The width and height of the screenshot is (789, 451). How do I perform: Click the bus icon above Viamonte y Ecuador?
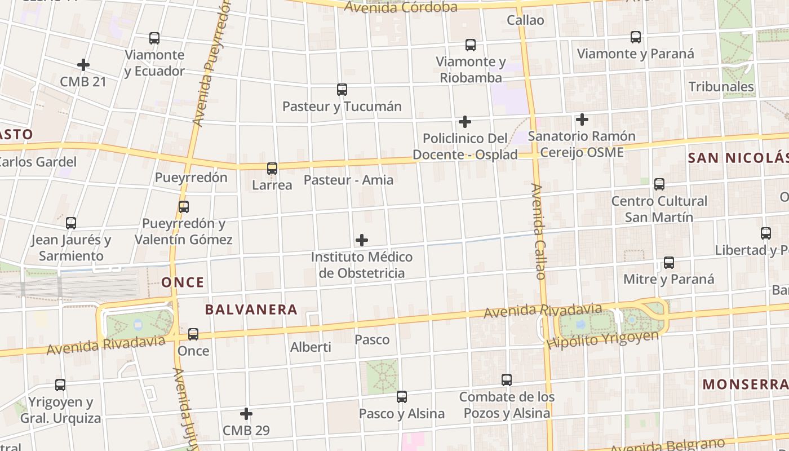pos(154,38)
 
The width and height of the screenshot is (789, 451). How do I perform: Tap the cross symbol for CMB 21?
pos(83,65)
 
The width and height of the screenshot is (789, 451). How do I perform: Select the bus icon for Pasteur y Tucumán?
pos(342,90)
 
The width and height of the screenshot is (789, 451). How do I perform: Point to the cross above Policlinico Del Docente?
pos(465,122)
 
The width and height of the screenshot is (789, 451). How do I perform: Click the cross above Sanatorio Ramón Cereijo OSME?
pos(582,120)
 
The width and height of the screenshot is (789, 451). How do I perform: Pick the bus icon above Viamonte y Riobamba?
pos(471,45)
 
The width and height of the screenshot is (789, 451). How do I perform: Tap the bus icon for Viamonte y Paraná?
pos(636,37)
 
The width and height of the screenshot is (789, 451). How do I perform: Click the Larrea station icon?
pos(272,169)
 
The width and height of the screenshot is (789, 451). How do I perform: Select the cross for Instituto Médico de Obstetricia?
pos(362,241)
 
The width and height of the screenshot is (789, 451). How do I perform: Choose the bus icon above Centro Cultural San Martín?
pos(659,184)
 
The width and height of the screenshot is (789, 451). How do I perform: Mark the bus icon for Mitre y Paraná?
pos(669,263)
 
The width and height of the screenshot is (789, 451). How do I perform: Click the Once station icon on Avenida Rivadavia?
pos(193,334)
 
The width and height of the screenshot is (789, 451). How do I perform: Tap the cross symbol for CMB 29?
pos(246,414)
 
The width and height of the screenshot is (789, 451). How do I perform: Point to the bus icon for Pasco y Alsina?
pos(402,397)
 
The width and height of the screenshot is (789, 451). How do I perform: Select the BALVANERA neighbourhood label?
pos(251,309)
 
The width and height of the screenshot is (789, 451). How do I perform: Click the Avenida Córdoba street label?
pos(400,7)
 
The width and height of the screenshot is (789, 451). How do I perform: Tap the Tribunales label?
pos(721,87)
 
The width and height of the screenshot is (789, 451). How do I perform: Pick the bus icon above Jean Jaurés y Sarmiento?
pos(71,223)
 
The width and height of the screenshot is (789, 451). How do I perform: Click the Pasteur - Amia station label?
pos(348,180)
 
